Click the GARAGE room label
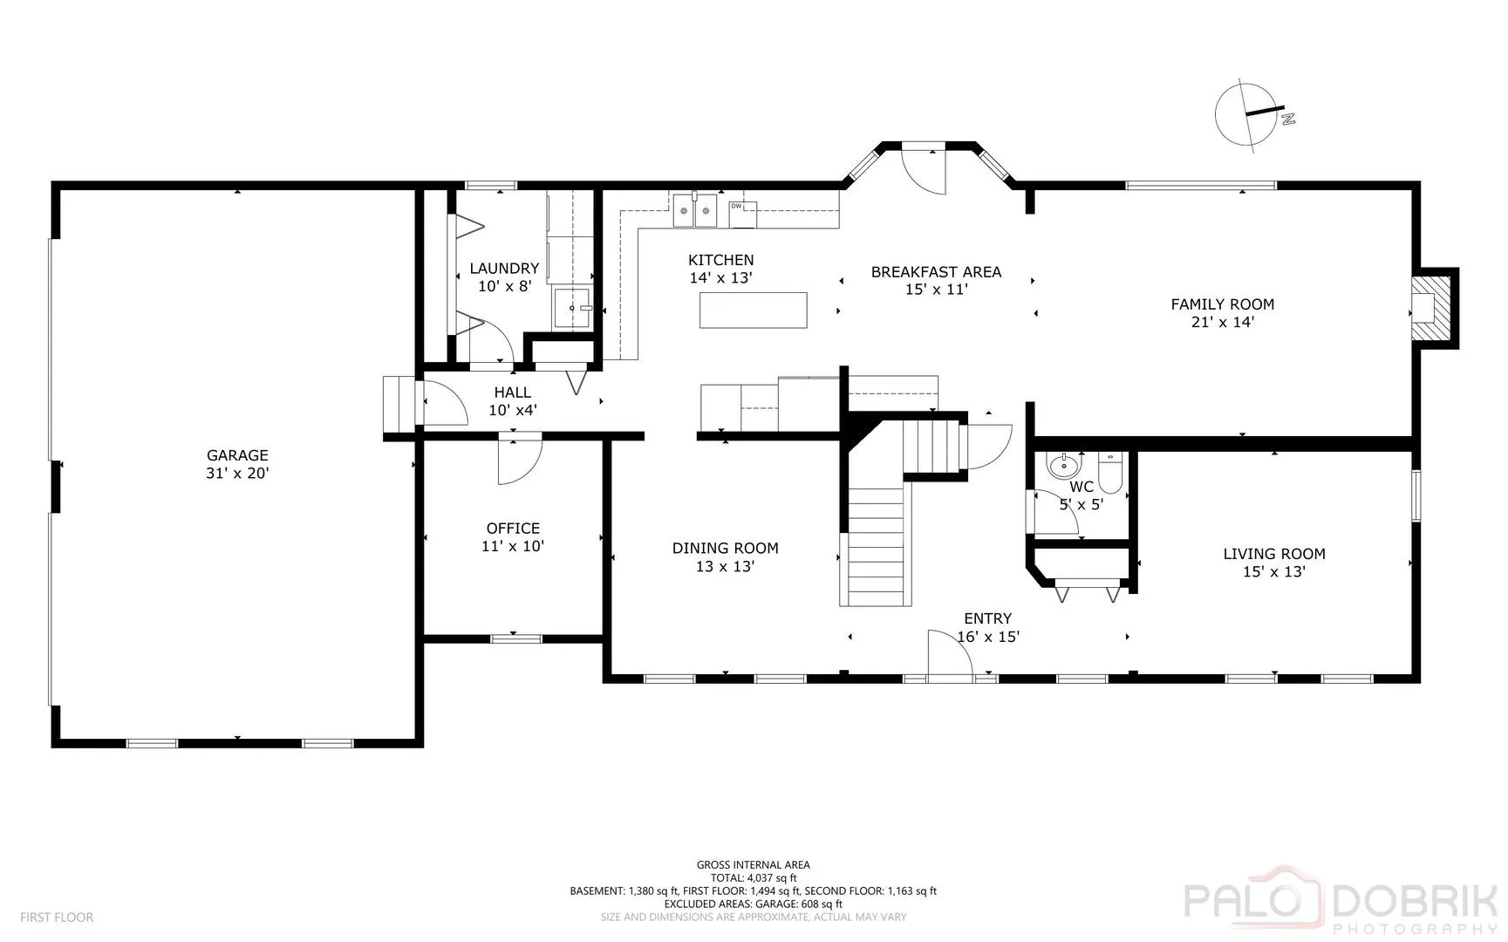[x=237, y=455]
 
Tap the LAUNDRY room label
[x=504, y=269]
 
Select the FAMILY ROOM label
[x=1222, y=304]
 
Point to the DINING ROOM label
[x=725, y=549]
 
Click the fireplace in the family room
[x=1431, y=308]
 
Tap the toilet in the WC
[x=1110, y=471]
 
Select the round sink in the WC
[x=1062, y=463]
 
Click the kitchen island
[x=754, y=311]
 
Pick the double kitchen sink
[x=694, y=210]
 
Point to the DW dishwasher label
[x=736, y=206]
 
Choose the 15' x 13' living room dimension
[x=1273, y=572]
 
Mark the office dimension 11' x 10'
[x=513, y=547]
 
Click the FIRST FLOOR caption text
[x=57, y=918]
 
